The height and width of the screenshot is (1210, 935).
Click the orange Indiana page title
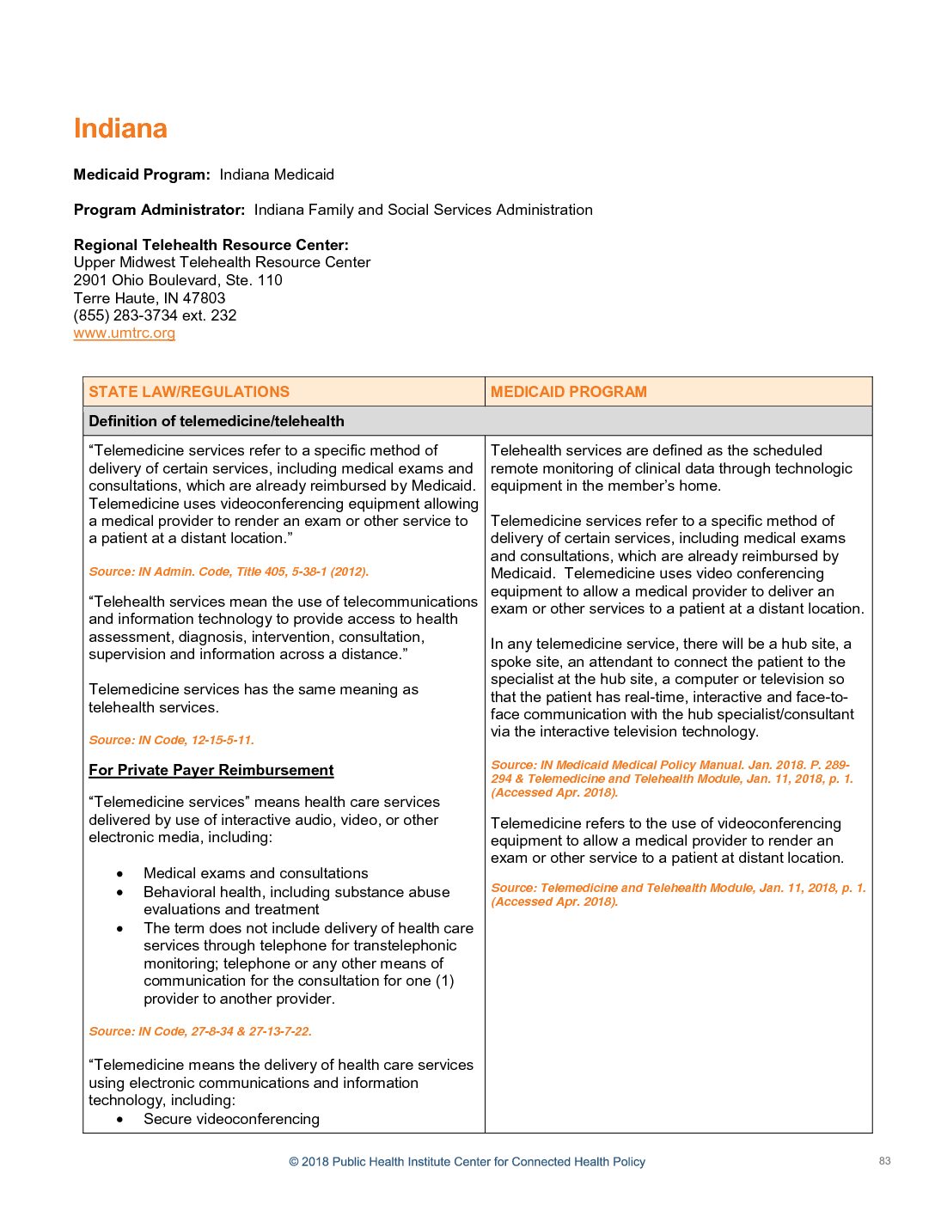coord(120,129)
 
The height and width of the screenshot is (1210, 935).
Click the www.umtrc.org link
coord(125,333)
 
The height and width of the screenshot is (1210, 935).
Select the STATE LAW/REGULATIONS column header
coord(189,392)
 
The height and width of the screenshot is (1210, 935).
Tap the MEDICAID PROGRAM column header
coord(568,392)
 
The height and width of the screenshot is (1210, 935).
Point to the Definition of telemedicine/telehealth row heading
coord(217,421)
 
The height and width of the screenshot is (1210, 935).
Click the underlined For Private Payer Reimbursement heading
coord(211,771)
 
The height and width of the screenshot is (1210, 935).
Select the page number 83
coord(884,1161)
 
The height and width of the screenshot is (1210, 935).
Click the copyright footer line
coord(467,1162)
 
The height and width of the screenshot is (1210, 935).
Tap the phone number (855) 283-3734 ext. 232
coord(155,315)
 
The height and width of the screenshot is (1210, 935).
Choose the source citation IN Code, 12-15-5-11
coord(172,740)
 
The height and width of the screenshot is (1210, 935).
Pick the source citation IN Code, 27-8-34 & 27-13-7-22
coord(200,1031)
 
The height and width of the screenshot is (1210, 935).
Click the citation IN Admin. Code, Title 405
coord(229,571)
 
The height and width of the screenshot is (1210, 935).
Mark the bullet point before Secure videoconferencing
coord(120,1120)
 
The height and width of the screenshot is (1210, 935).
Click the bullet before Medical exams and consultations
coord(120,874)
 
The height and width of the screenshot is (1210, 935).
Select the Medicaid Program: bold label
coord(142,174)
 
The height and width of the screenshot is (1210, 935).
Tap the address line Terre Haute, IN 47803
coord(150,298)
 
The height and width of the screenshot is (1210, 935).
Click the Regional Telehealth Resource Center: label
coord(211,245)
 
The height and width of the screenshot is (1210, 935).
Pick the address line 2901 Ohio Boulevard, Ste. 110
coord(178,280)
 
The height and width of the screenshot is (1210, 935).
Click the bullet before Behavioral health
coord(120,893)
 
